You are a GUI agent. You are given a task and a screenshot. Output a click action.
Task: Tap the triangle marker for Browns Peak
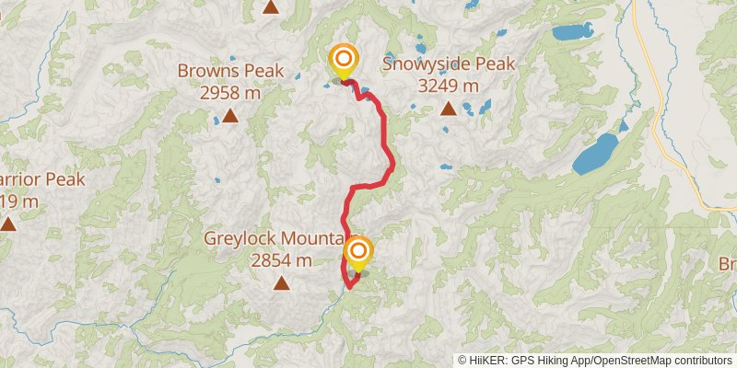coord(230,117)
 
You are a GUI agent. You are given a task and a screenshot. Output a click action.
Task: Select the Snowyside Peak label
coord(448,63)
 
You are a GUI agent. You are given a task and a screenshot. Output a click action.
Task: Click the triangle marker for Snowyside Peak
coord(448,109)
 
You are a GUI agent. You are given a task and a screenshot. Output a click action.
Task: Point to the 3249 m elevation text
coord(448,86)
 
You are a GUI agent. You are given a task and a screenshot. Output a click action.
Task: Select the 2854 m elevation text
coord(282,260)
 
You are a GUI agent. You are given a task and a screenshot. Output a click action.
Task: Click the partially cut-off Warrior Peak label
coord(41,179)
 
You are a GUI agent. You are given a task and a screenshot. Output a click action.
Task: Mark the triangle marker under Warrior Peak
coord(8,224)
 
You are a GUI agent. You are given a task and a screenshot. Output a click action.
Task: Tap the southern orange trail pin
coord(358,251)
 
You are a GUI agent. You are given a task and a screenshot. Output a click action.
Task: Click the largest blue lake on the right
coord(596,153)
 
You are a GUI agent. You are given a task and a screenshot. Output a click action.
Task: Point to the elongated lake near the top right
coord(572,32)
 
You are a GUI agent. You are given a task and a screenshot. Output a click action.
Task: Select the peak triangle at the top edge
coord(270,6)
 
